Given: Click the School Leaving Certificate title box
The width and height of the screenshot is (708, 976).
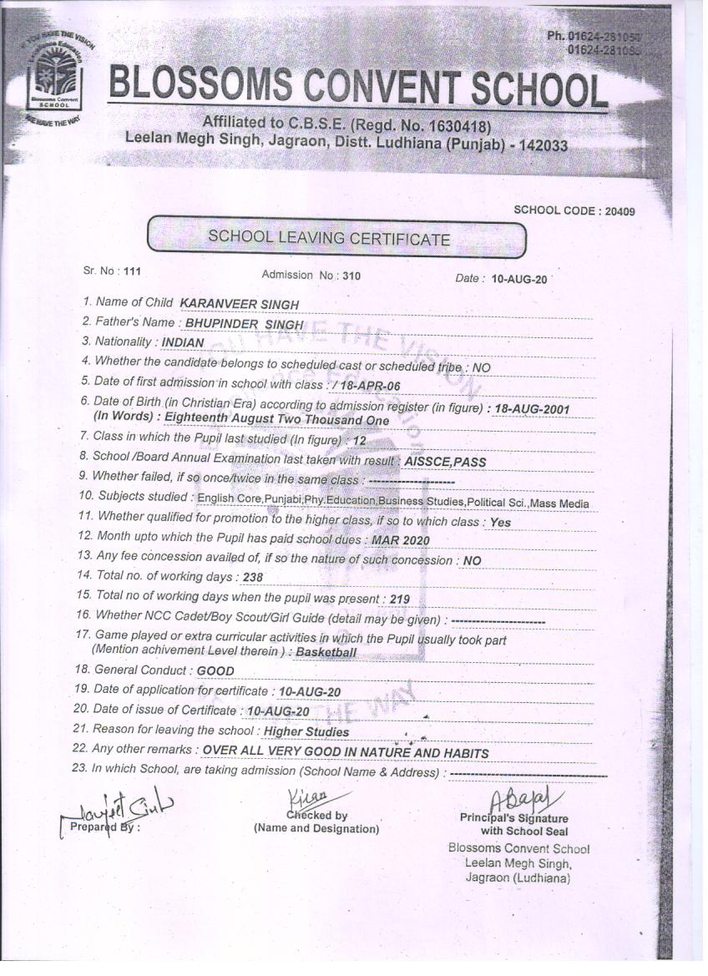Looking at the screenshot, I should pos(336,237).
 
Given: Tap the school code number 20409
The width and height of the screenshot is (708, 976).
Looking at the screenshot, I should pos(618,211).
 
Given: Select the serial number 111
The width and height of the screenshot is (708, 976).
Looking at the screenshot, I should pos(133,271).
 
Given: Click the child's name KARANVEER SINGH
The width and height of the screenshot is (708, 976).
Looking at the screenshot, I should pos(239,304).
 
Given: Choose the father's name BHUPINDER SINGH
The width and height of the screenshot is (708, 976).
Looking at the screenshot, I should pos(244,324).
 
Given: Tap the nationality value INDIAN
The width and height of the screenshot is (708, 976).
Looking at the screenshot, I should pos(183,342).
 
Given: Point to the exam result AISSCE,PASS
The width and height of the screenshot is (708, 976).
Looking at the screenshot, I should pos(445,462).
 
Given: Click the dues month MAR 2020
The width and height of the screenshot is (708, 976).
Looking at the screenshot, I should pos(401,540).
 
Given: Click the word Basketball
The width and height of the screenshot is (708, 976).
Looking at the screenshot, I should pos(326,652).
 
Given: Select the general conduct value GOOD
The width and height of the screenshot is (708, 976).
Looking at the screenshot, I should pos(215,670).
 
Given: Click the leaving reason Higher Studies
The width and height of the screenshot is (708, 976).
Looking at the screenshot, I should pos(306,731).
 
